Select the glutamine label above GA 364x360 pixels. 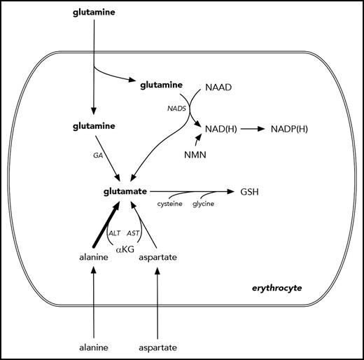click(94, 127)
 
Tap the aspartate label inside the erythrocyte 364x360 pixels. click(157, 258)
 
